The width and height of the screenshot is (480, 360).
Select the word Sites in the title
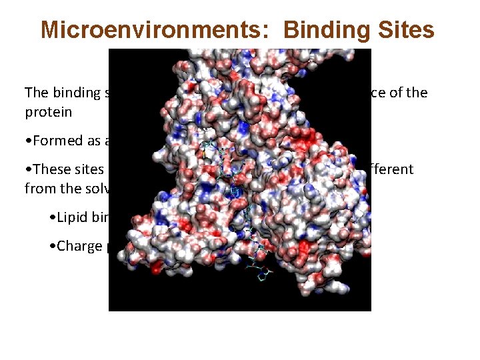[x=407, y=30]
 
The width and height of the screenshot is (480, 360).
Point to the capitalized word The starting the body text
[x=37, y=93]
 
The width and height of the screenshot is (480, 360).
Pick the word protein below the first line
[x=48, y=111]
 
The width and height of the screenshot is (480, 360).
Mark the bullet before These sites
[x=27, y=170]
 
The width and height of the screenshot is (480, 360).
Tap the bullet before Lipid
[x=53, y=218]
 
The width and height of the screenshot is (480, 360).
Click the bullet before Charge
[x=53, y=247]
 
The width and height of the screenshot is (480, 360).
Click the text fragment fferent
[x=393, y=169]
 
